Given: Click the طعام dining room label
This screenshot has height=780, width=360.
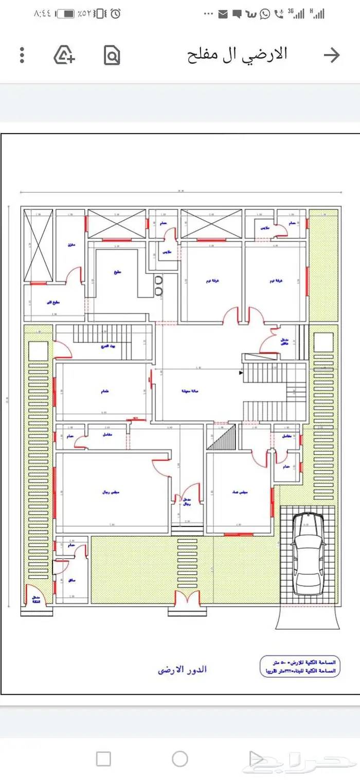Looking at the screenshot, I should [x=104, y=391].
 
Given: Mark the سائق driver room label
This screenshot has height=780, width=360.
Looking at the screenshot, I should [x=72, y=579].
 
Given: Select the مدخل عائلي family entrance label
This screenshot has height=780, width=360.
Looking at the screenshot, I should [x=284, y=341].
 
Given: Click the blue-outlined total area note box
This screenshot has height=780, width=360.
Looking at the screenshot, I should [x=299, y=667].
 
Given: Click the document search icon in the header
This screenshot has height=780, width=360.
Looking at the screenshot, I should [x=112, y=55].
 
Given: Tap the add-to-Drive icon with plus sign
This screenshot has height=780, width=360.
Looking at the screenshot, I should [x=64, y=55].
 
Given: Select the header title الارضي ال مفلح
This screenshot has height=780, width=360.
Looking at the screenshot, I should [x=237, y=54].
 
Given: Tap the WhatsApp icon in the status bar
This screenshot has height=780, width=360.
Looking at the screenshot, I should [x=265, y=14].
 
